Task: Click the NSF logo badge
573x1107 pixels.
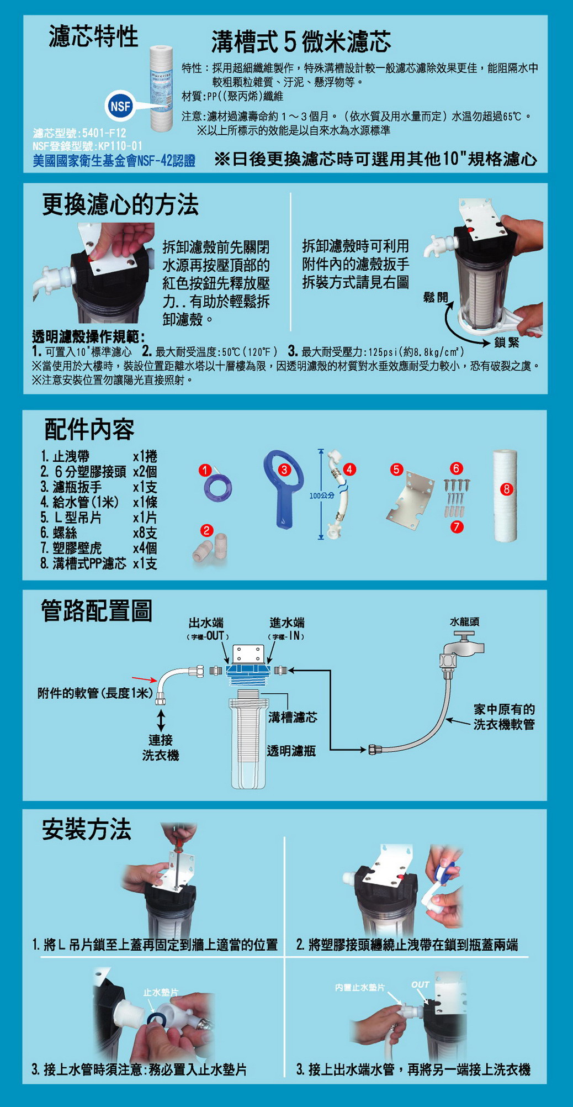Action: tap(119, 106)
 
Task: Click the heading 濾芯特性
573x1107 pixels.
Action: tap(94, 37)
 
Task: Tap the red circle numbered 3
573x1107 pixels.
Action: tap(284, 470)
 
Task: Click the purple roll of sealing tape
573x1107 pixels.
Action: tap(217, 487)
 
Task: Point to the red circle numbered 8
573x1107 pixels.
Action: tap(507, 489)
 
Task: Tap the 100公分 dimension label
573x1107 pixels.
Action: tap(322, 495)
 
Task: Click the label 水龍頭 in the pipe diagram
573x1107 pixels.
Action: tap(464, 621)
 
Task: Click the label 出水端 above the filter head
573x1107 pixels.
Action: tap(206, 623)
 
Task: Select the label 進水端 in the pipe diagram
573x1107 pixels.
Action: tap(286, 623)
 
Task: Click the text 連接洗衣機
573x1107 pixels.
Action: tap(161, 747)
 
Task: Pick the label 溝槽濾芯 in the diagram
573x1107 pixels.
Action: tap(293, 718)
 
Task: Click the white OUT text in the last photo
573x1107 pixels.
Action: tap(420, 984)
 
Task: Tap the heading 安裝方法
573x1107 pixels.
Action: tap(87, 829)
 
